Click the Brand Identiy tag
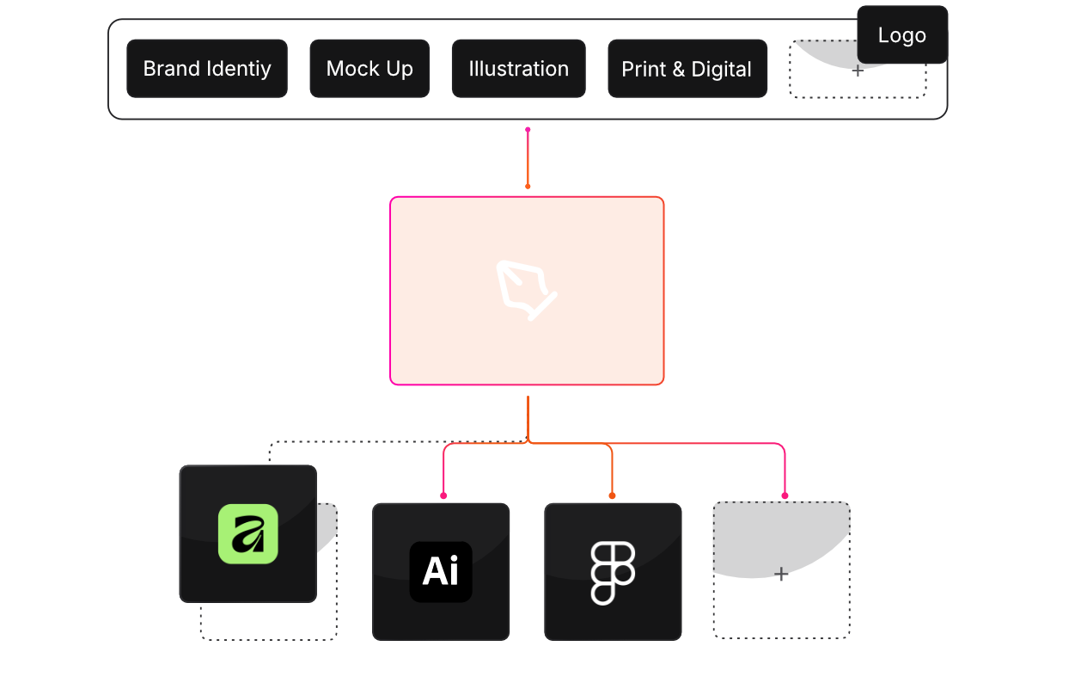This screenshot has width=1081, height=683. (206, 69)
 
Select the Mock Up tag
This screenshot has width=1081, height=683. (369, 69)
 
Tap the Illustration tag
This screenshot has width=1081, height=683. (518, 69)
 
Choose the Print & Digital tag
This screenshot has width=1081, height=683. (687, 69)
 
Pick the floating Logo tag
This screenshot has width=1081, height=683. (901, 35)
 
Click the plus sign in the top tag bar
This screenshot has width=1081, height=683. (858, 71)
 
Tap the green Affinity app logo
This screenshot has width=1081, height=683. (247, 533)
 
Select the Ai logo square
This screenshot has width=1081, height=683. (441, 571)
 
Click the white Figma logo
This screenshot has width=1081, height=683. (613, 572)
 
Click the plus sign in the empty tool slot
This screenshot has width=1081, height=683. (781, 574)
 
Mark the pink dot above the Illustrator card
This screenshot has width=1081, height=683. (443, 495)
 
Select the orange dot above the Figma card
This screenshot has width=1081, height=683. (612, 495)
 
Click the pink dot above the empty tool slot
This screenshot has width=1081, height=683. (785, 495)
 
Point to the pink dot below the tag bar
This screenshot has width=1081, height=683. (528, 130)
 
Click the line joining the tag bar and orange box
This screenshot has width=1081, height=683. (528, 158)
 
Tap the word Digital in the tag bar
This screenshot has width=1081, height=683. (721, 69)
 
